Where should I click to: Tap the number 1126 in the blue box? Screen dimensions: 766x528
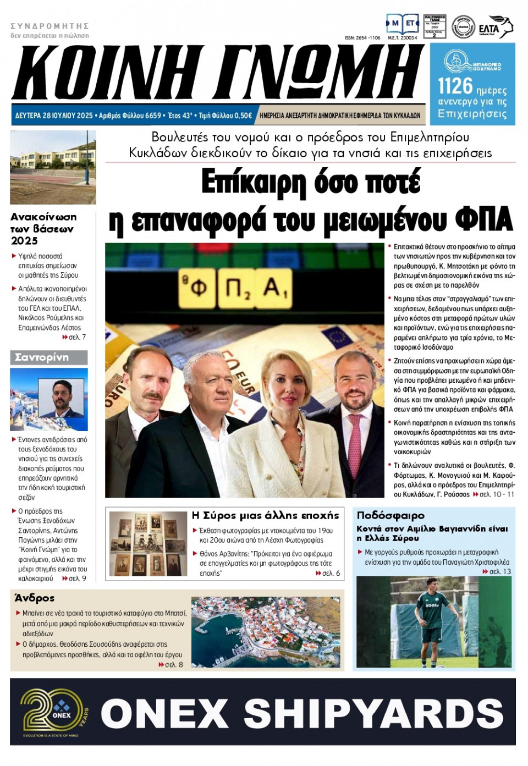tap(455, 86)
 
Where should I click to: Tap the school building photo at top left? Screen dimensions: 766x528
tap(53, 167)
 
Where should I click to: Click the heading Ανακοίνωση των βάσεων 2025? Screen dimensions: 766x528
tap(43, 229)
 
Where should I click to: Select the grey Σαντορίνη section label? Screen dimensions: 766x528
tap(48, 357)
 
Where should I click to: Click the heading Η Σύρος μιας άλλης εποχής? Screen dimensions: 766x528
tap(265, 515)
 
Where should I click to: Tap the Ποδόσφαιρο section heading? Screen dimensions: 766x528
tap(391, 515)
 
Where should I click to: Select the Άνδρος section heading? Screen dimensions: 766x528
tap(35, 598)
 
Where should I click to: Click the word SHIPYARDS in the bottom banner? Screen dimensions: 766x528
tap(374, 713)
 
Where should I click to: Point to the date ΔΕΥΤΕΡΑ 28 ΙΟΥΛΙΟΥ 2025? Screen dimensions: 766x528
tap(54, 115)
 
